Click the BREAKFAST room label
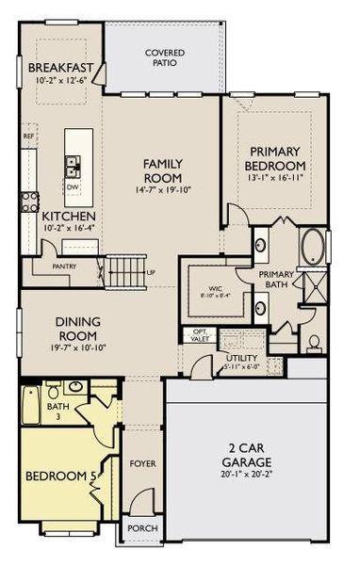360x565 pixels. pyautogui.click(x=60, y=68)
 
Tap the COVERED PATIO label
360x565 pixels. pyautogui.click(x=164, y=57)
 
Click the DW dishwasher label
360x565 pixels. pyautogui.click(x=73, y=187)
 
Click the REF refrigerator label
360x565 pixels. pyautogui.click(x=28, y=136)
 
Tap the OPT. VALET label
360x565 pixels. pyautogui.click(x=200, y=334)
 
